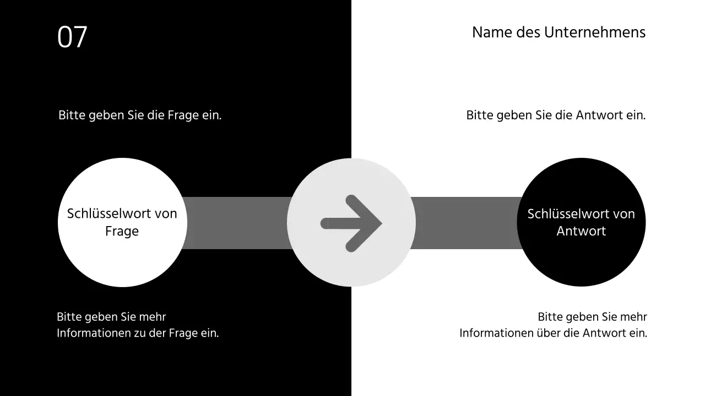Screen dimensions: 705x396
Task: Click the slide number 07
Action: tap(72, 37)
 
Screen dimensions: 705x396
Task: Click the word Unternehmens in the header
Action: tap(595, 32)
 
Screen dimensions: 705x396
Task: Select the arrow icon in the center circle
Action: tap(351, 223)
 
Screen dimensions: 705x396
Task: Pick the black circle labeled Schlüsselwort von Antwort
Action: tap(581, 258)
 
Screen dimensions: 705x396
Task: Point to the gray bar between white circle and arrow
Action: tap(237, 223)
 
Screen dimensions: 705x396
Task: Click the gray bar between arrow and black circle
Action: tap(465, 223)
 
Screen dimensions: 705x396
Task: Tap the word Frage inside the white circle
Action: tap(122, 231)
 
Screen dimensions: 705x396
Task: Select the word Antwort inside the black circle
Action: tap(581, 231)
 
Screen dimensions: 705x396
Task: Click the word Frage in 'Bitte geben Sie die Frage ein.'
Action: tap(184, 116)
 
